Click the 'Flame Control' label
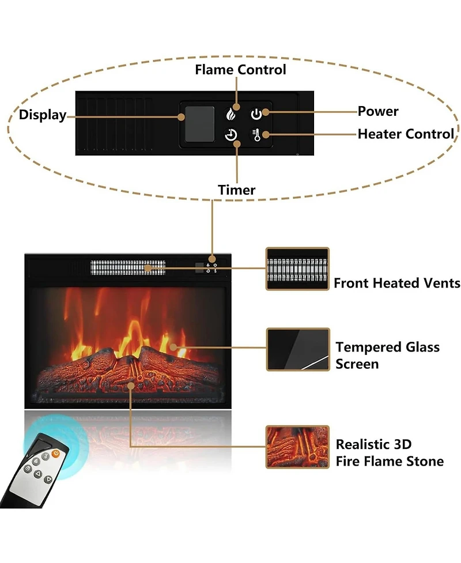[x=240, y=70]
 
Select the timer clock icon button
[x=231, y=135]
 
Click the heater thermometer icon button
[x=256, y=135]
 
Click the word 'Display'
[x=43, y=115]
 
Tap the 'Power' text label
[x=378, y=111]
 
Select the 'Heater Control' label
[x=406, y=134]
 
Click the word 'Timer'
[x=236, y=190]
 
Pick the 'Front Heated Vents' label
[x=397, y=283]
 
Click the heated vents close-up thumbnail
[x=297, y=269]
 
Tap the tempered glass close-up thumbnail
[x=297, y=349]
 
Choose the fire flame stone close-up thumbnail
[x=297, y=447]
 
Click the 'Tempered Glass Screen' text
[x=387, y=355]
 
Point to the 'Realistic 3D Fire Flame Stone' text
[x=390, y=453]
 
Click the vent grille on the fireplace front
[x=127, y=267]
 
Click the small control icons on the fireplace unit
[x=211, y=267]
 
